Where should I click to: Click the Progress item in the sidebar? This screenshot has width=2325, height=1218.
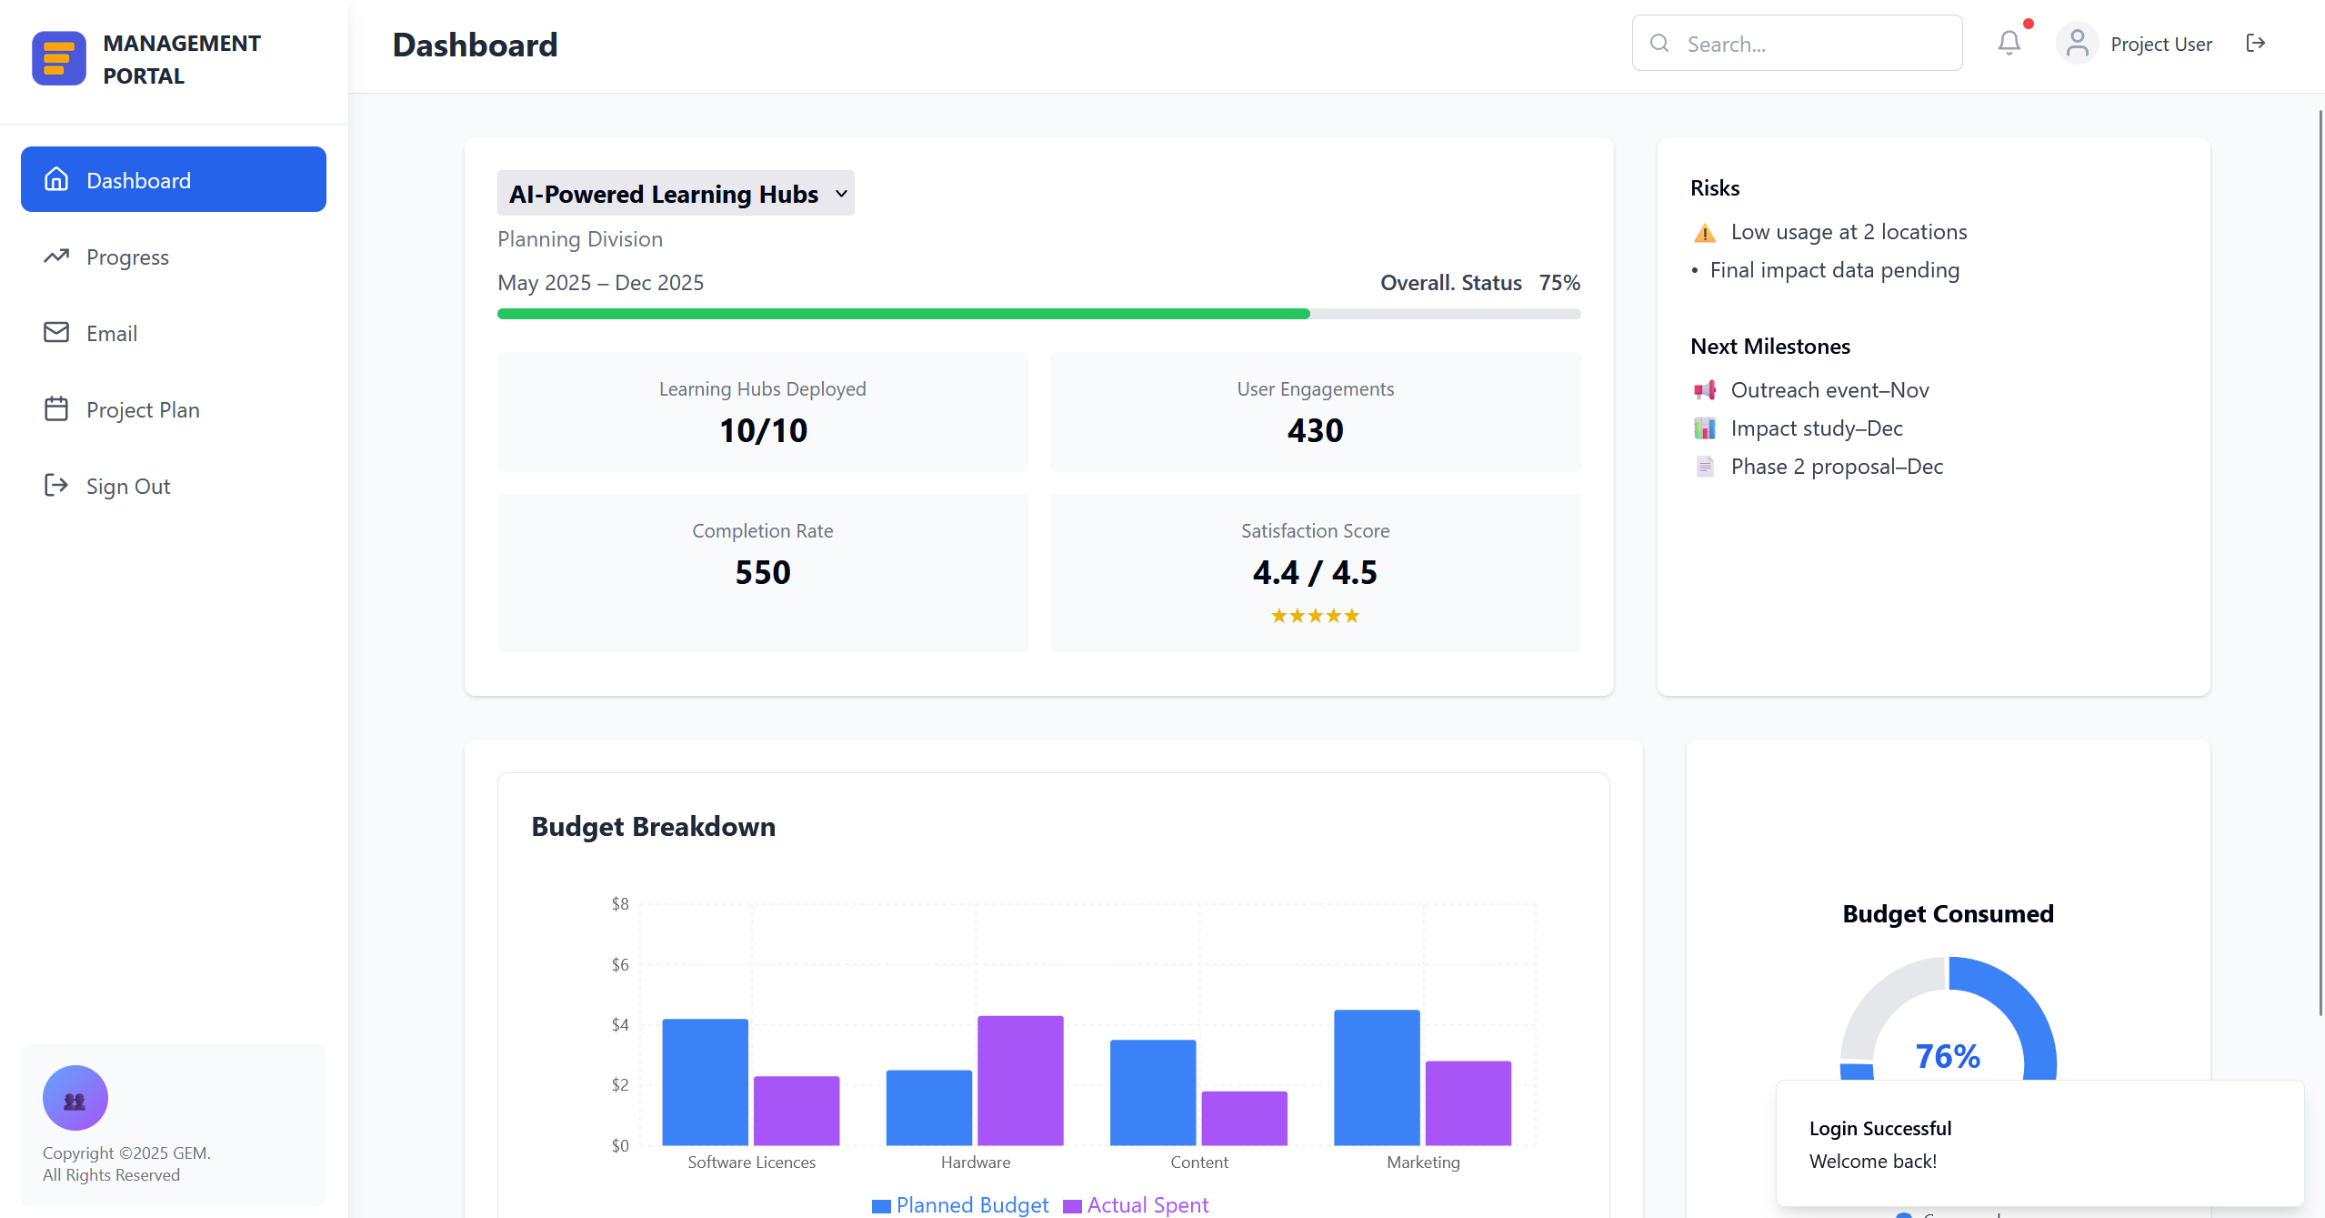pyautogui.click(x=127, y=257)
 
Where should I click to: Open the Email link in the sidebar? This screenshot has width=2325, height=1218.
pyautogui.click(x=111, y=334)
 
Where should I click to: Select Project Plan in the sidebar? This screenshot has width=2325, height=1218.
pyautogui.click(x=142, y=410)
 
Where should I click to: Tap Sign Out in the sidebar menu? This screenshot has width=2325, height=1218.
pyautogui.click(x=127, y=487)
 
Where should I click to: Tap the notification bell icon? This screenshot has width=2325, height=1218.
pyautogui.click(x=2009, y=43)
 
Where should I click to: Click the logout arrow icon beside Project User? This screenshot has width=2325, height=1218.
pyautogui.click(x=2255, y=43)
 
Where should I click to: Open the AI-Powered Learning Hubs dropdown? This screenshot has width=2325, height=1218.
pyautogui.click(x=676, y=194)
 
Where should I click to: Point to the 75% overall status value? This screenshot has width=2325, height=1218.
pyautogui.click(x=1559, y=283)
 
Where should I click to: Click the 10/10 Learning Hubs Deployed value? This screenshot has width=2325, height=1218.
pyautogui.click(x=763, y=430)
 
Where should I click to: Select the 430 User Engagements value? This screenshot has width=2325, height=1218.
pyautogui.click(x=1315, y=430)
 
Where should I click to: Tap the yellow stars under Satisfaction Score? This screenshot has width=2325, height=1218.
pyautogui.click(x=1315, y=616)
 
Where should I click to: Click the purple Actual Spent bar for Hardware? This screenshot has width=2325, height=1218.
pyautogui.click(x=1020, y=1081)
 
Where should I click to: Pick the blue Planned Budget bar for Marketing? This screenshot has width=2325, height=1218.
pyautogui.click(x=1377, y=1078)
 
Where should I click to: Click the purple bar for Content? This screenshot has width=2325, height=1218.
pyautogui.click(x=1244, y=1118)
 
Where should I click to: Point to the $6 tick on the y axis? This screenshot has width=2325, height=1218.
pyautogui.click(x=620, y=964)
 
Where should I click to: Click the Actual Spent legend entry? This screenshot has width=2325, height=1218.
pyautogui.click(x=1136, y=1205)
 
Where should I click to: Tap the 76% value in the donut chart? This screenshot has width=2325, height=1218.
pyautogui.click(x=1948, y=1056)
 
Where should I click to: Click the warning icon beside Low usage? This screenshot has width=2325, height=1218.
pyautogui.click(x=1705, y=233)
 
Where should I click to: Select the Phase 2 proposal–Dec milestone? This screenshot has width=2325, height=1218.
pyautogui.click(x=1836, y=467)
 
